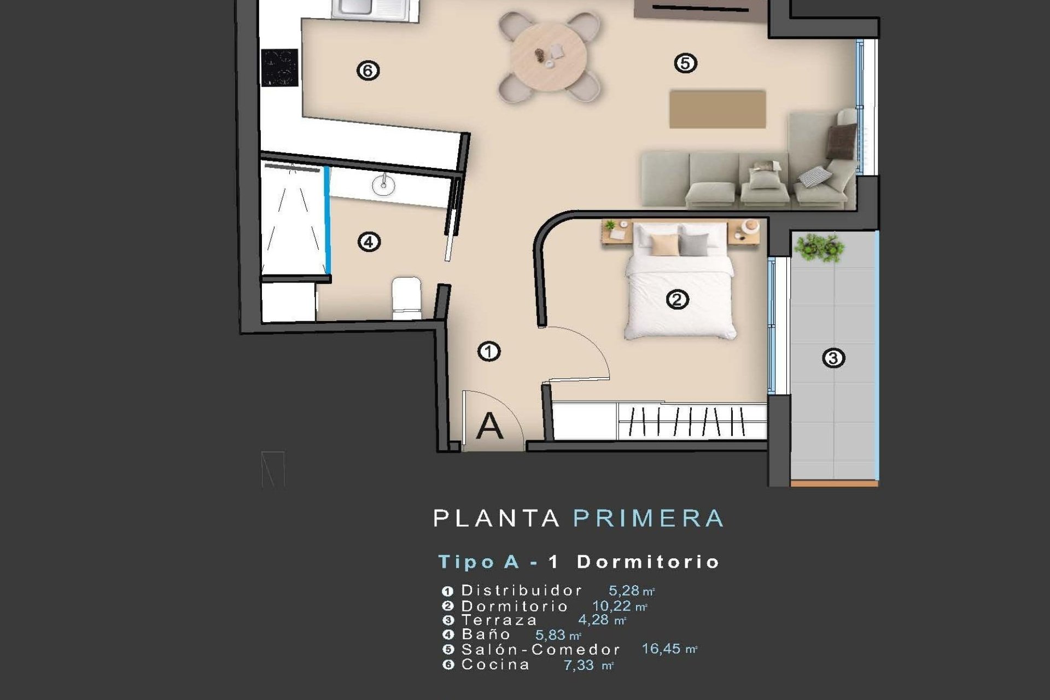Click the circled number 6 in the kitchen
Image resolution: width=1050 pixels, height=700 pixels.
[x=368, y=71]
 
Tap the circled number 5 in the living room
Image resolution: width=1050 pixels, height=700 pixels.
[x=685, y=63]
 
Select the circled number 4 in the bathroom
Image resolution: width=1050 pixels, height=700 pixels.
[x=369, y=242]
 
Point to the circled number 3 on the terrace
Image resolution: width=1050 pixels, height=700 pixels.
[x=833, y=358]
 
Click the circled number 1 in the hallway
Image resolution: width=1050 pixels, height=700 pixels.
[x=489, y=351]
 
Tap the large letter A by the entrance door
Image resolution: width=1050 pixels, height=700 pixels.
[x=489, y=426]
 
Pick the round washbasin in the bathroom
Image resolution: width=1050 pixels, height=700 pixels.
[x=383, y=185]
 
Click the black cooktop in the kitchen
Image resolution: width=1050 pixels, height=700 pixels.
[x=279, y=68]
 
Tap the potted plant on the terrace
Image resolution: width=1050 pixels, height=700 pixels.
[x=819, y=247]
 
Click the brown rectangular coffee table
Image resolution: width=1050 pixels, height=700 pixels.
[x=717, y=109]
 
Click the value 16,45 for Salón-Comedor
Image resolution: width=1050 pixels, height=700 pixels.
[x=661, y=649]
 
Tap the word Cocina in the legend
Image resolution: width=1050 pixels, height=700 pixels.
[x=495, y=665]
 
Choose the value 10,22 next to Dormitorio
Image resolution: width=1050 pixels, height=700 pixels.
[x=611, y=606]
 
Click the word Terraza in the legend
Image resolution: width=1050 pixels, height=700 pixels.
[x=499, y=620]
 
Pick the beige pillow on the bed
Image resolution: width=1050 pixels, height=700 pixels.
[x=665, y=245]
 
